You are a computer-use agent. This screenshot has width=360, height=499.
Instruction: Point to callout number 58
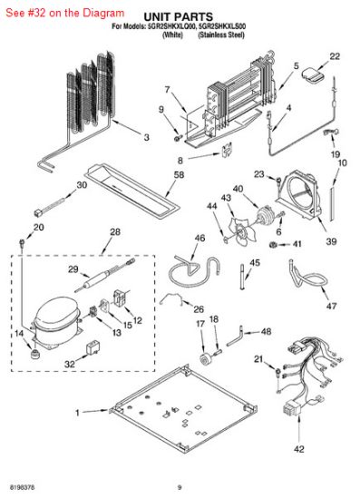pos(179,174)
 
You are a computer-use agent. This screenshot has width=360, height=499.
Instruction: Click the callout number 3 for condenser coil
pos(146,137)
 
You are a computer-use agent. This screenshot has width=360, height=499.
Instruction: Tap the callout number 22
pos(335,56)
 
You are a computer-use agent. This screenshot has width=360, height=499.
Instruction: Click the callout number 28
pos(114,232)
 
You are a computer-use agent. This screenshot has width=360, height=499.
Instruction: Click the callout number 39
pos(330,241)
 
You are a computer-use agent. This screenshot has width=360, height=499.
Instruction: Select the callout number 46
pos(199,239)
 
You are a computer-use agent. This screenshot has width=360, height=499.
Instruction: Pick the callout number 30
pos(83,185)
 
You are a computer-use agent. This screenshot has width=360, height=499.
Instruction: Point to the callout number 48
pos(266,332)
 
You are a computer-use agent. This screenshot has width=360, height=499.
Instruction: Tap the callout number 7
pos(167,89)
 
